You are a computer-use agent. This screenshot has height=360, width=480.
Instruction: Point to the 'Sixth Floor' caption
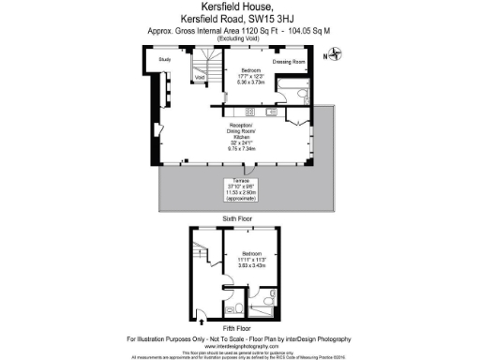click(x=240, y=217)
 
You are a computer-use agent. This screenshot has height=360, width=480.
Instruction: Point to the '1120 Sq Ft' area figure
click(x=262, y=30)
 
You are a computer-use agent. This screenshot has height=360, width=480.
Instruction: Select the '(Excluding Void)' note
click(x=240, y=38)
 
